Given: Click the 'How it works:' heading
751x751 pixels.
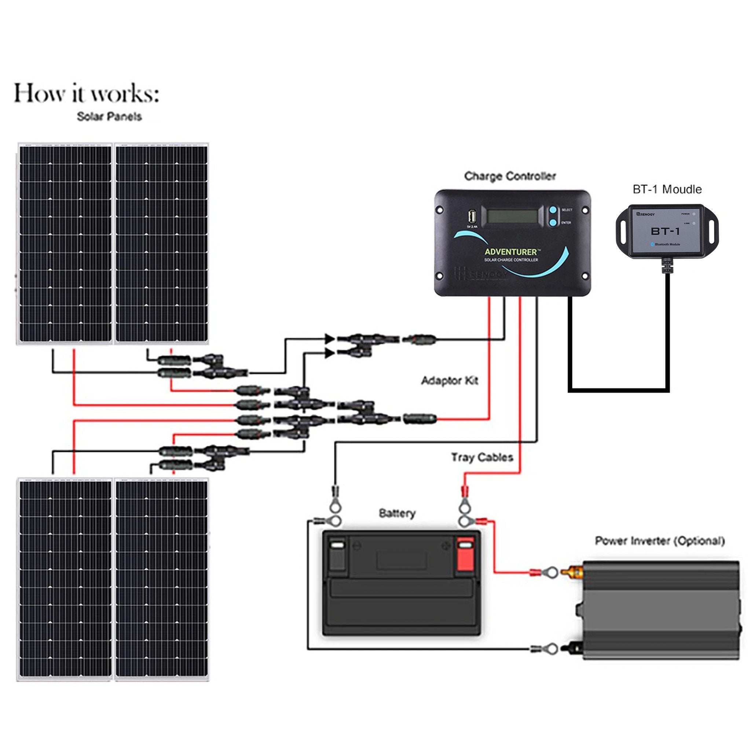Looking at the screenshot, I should point(86,93).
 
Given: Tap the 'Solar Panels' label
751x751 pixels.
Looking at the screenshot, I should point(109,117).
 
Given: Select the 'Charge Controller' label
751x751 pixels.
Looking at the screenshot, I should point(510,176).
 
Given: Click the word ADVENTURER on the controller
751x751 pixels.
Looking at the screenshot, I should point(510,252).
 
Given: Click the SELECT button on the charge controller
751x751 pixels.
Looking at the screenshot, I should point(553,210).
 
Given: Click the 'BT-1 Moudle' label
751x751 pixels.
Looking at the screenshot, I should point(667,190).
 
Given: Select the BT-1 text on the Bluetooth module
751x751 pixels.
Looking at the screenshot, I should point(665,232).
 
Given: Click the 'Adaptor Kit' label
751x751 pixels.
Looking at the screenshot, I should point(449,381).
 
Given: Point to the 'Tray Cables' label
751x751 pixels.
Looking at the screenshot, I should point(482,457).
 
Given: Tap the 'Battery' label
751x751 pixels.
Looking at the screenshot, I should point(397,513).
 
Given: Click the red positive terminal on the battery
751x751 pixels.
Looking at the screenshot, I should point(465,556).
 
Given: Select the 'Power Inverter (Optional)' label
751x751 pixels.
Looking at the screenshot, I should point(660,541).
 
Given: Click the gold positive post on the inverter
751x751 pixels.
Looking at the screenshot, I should point(575,572).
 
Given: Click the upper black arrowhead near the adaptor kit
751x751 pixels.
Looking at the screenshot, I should point(330,338).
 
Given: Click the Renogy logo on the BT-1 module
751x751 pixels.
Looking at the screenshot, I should point(646,214).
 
